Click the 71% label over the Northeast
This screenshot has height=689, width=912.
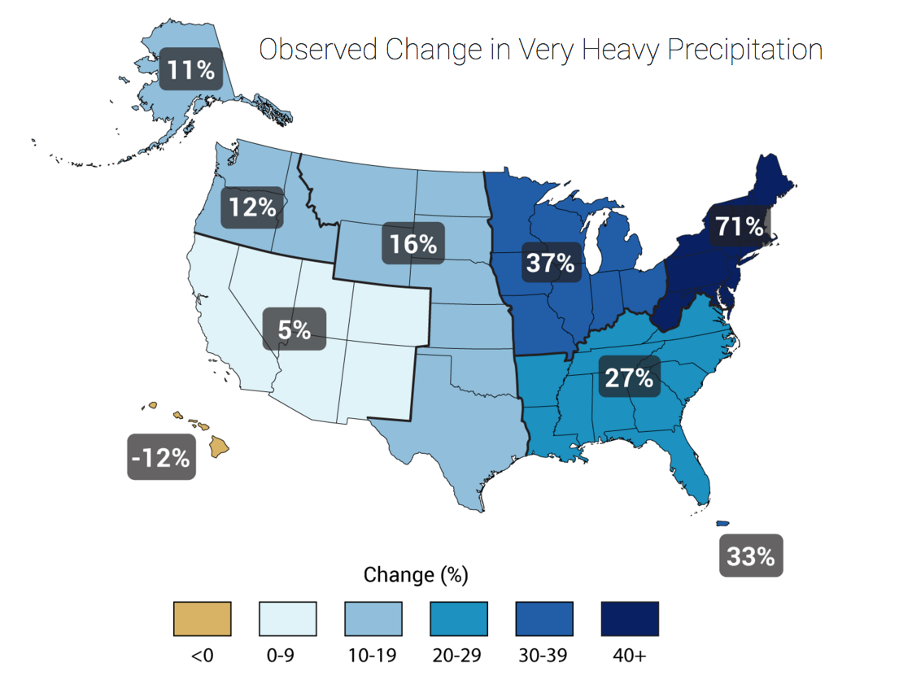pyautogui.click(x=739, y=226)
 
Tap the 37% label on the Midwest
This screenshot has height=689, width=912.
pyautogui.click(x=550, y=264)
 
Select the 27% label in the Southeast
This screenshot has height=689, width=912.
pyautogui.click(x=628, y=378)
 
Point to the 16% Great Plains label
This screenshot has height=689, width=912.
pyautogui.click(x=413, y=243)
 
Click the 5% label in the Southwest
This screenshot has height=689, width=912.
pyautogui.click(x=294, y=329)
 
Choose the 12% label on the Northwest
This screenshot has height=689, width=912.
pyautogui.click(x=252, y=207)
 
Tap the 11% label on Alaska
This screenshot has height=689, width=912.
pyautogui.click(x=191, y=69)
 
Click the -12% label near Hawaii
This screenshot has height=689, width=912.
pyautogui.click(x=161, y=458)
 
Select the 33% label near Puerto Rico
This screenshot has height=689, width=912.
pyautogui.click(x=751, y=556)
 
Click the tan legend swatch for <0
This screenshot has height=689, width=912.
pyautogui.click(x=203, y=619)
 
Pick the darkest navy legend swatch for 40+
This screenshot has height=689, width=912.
pyautogui.click(x=629, y=619)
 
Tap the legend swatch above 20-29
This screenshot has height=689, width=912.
pyautogui.click(x=458, y=619)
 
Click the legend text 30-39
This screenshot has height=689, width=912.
pyautogui.click(x=543, y=656)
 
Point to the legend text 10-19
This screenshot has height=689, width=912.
pyautogui.click(x=373, y=656)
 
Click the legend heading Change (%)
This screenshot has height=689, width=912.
pyautogui.click(x=415, y=575)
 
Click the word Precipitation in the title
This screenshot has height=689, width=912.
pyautogui.click(x=744, y=50)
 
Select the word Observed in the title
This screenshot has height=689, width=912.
pyautogui.click(x=318, y=50)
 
